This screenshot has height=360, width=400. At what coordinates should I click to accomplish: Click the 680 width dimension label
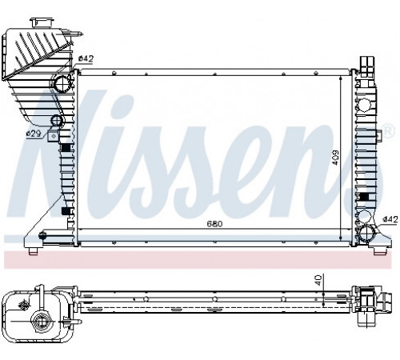(214, 223)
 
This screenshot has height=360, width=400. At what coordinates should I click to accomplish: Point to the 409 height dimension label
(335, 158)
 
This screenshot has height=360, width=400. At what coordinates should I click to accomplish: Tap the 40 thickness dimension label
(318, 281)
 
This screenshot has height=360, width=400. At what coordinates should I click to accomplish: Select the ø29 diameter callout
(34, 134)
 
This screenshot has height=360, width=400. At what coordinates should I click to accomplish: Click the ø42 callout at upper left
(86, 58)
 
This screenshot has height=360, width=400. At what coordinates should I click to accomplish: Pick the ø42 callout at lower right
(390, 219)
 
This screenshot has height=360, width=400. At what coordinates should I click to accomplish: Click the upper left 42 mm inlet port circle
(62, 83)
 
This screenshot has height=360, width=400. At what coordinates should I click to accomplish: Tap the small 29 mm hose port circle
(58, 121)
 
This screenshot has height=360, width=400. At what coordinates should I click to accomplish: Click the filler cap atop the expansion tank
(42, 22)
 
